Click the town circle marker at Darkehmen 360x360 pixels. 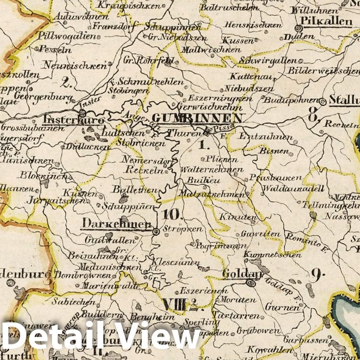point(156,232)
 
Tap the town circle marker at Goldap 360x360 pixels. point(251,283)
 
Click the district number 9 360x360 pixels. point(316,274)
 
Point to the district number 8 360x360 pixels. point(313,115)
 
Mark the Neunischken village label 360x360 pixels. point(74,65)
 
